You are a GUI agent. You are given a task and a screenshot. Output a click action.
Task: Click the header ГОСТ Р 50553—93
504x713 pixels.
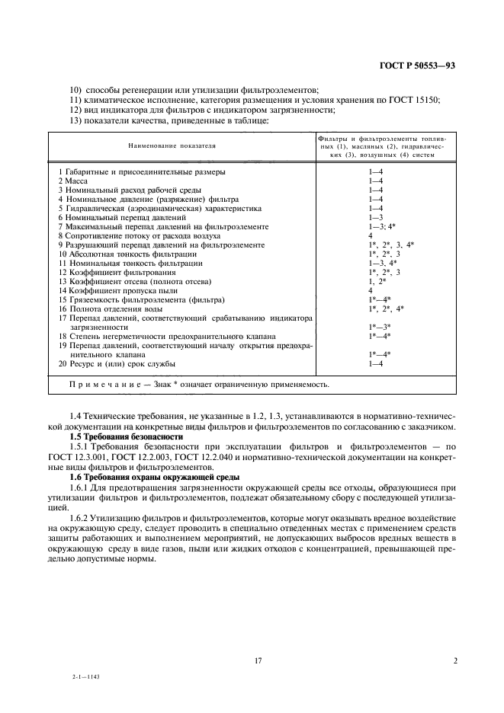click(x=417, y=66)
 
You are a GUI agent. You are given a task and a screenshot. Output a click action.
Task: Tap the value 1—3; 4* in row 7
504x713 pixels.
click(x=381, y=226)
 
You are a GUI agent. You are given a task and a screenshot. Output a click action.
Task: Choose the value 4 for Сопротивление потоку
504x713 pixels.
click(x=370, y=235)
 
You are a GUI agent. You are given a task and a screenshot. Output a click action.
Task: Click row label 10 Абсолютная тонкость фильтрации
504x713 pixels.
click(x=127, y=254)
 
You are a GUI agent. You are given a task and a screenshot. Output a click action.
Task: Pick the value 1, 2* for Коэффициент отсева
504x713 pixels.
click(x=377, y=281)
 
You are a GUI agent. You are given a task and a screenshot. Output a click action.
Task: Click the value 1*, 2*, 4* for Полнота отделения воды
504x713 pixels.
click(x=385, y=309)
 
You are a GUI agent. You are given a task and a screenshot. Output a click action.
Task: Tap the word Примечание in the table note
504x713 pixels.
click(x=104, y=385)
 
